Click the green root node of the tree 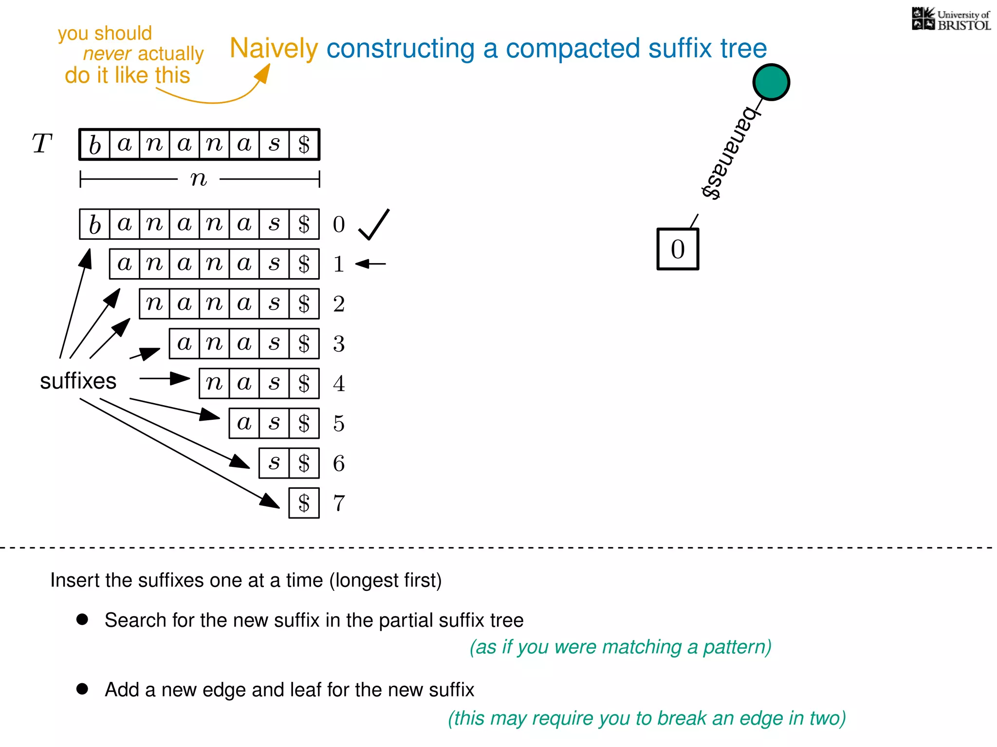click(x=771, y=82)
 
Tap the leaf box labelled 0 click(x=678, y=249)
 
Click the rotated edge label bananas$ click(x=729, y=153)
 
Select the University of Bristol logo click(x=951, y=19)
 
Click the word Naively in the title click(x=274, y=49)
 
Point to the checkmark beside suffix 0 click(x=373, y=225)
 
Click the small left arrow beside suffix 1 click(x=370, y=264)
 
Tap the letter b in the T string click(x=95, y=144)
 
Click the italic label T click(x=42, y=143)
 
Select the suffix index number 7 click(x=339, y=503)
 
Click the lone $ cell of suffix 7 click(x=304, y=503)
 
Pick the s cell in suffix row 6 click(x=274, y=463)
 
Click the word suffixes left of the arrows click(x=78, y=381)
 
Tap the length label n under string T click(x=199, y=179)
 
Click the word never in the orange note click(x=107, y=53)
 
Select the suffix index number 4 click(x=339, y=383)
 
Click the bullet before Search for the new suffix click(x=82, y=619)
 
